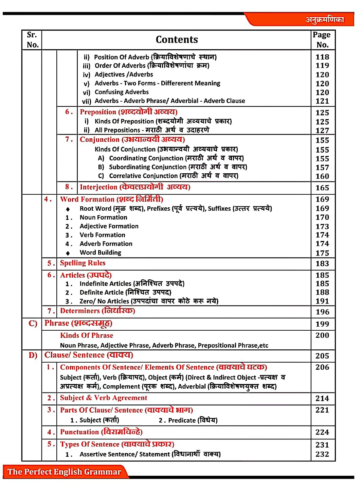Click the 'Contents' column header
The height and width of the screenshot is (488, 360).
pos(177,40)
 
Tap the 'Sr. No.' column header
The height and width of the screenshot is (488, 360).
pos(32,40)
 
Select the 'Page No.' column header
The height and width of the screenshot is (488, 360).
pos(322,40)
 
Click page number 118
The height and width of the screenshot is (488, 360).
pos(322,57)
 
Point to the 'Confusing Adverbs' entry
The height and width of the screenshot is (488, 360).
pos(122,92)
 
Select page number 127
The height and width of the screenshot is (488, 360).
pos(322,130)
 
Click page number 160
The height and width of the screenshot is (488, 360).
pos(322,176)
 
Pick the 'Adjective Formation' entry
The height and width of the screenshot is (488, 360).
pos(109,226)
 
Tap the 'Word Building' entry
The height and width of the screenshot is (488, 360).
pos(100,252)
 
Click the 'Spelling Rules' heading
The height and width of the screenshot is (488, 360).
pos(83,263)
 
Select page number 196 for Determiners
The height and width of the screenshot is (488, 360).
pos(322,312)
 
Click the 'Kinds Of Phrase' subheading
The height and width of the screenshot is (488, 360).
pos(87,335)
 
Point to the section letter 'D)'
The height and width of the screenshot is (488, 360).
pos(33,355)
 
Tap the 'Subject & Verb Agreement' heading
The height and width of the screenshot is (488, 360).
pos(104,398)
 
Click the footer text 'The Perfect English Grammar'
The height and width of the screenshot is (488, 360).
pos(64,472)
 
